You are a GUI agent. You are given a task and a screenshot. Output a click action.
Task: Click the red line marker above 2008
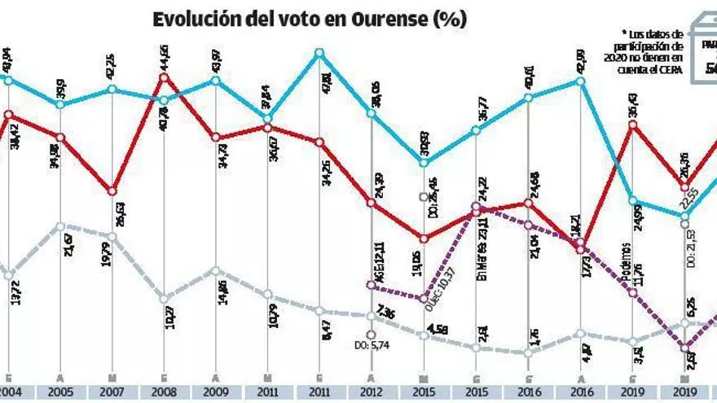[x=165, y=77]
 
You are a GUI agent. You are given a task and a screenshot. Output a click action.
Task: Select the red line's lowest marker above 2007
[x=112, y=191]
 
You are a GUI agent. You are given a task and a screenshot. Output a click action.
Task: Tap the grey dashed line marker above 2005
[x=60, y=226]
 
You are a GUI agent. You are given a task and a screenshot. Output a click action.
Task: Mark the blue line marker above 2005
[x=60, y=103]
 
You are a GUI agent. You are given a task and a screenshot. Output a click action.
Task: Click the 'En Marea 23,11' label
[x=482, y=245]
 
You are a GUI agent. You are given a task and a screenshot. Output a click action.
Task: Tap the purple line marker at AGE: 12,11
[x=371, y=285]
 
